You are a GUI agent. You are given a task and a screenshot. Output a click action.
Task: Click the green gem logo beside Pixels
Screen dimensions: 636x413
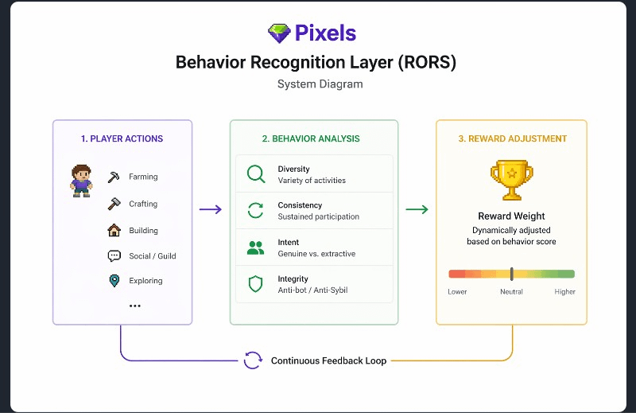[x=279, y=33]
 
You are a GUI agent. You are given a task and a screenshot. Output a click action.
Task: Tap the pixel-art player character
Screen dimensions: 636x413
[x=81, y=181]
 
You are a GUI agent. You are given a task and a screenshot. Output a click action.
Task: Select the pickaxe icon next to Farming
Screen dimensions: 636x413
[x=114, y=177]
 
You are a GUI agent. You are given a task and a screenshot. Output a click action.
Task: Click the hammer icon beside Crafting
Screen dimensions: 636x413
[x=114, y=204]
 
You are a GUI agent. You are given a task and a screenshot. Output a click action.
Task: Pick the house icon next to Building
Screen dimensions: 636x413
[x=114, y=230]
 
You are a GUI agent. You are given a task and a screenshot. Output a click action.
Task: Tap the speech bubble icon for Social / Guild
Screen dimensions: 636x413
[x=114, y=256]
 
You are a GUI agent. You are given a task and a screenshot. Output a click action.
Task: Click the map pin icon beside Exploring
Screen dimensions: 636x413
[x=114, y=281]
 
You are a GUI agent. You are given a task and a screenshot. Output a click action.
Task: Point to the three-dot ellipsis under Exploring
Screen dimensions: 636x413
[x=134, y=306]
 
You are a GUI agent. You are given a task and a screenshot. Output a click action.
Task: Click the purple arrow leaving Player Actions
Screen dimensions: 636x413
[x=211, y=209]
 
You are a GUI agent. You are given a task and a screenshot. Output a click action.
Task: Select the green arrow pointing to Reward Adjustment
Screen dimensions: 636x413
[x=417, y=209]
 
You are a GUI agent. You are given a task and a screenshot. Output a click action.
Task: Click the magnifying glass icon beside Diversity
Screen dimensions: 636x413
[x=256, y=174]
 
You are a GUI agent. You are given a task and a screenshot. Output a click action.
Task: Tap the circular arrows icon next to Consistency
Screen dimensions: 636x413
[x=255, y=210]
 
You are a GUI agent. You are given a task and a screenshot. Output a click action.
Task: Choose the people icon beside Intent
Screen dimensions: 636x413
[x=255, y=247]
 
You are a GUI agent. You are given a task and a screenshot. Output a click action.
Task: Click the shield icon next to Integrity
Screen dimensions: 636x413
[x=255, y=284]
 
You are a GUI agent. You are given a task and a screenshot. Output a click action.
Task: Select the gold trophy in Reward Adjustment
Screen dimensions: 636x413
[x=512, y=180]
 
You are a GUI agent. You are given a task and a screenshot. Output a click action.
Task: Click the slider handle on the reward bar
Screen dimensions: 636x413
[x=512, y=274]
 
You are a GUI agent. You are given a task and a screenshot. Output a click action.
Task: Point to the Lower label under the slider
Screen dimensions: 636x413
[x=457, y=291]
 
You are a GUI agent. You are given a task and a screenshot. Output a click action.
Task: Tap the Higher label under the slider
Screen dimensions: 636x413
[x=564, y=291]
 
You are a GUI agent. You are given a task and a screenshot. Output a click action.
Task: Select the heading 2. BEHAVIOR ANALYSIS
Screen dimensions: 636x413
[x=311, y=139]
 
